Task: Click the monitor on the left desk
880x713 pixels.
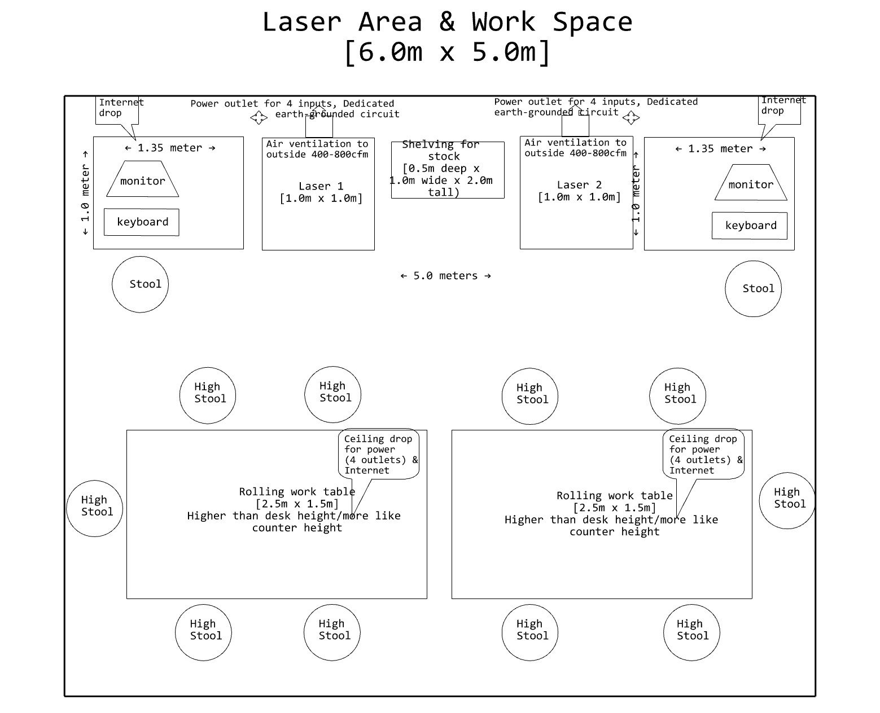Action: point(142,180)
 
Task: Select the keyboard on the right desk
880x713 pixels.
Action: point(750,226)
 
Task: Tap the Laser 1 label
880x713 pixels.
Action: point(321,186)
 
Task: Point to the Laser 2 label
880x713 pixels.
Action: point(579,185)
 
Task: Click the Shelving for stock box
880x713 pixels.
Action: point(447,169)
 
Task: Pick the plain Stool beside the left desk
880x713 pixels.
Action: point(140,284)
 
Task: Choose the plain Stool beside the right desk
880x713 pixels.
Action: point(753,289)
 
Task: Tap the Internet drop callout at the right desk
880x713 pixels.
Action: point(780,108)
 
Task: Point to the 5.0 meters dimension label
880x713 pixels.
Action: point(446,276)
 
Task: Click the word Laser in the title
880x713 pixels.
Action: point(301,23)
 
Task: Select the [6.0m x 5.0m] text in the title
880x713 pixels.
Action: point(447,52)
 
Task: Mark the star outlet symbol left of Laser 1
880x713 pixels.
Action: point(259,117)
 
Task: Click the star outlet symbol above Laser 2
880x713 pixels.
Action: point(631,117)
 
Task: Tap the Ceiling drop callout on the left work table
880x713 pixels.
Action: point(379,455)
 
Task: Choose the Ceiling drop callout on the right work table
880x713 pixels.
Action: point(703,455)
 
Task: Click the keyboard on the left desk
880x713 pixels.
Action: point(142,222)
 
